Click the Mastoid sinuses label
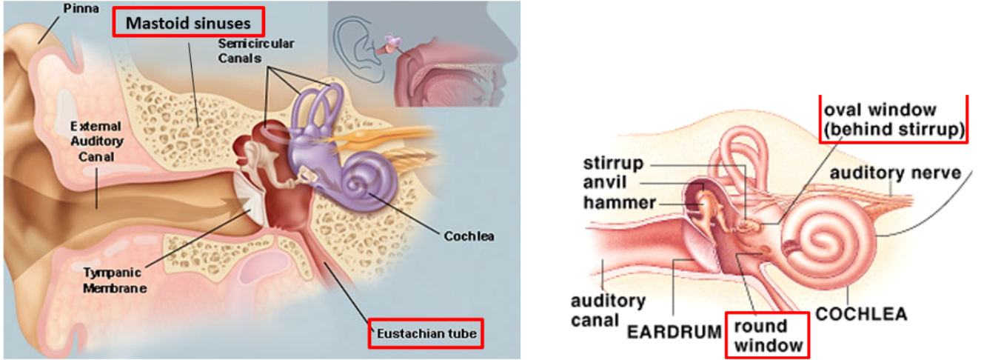pyautogui.click(x=189, y=23)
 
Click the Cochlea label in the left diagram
pyautogui.click(x=469, y=237)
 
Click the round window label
pyautogui.click(x=767, y=334)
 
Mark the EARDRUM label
pyautogui.click(x=674, y=331)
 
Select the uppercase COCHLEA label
pyautogui.click(x=861, y=314)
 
